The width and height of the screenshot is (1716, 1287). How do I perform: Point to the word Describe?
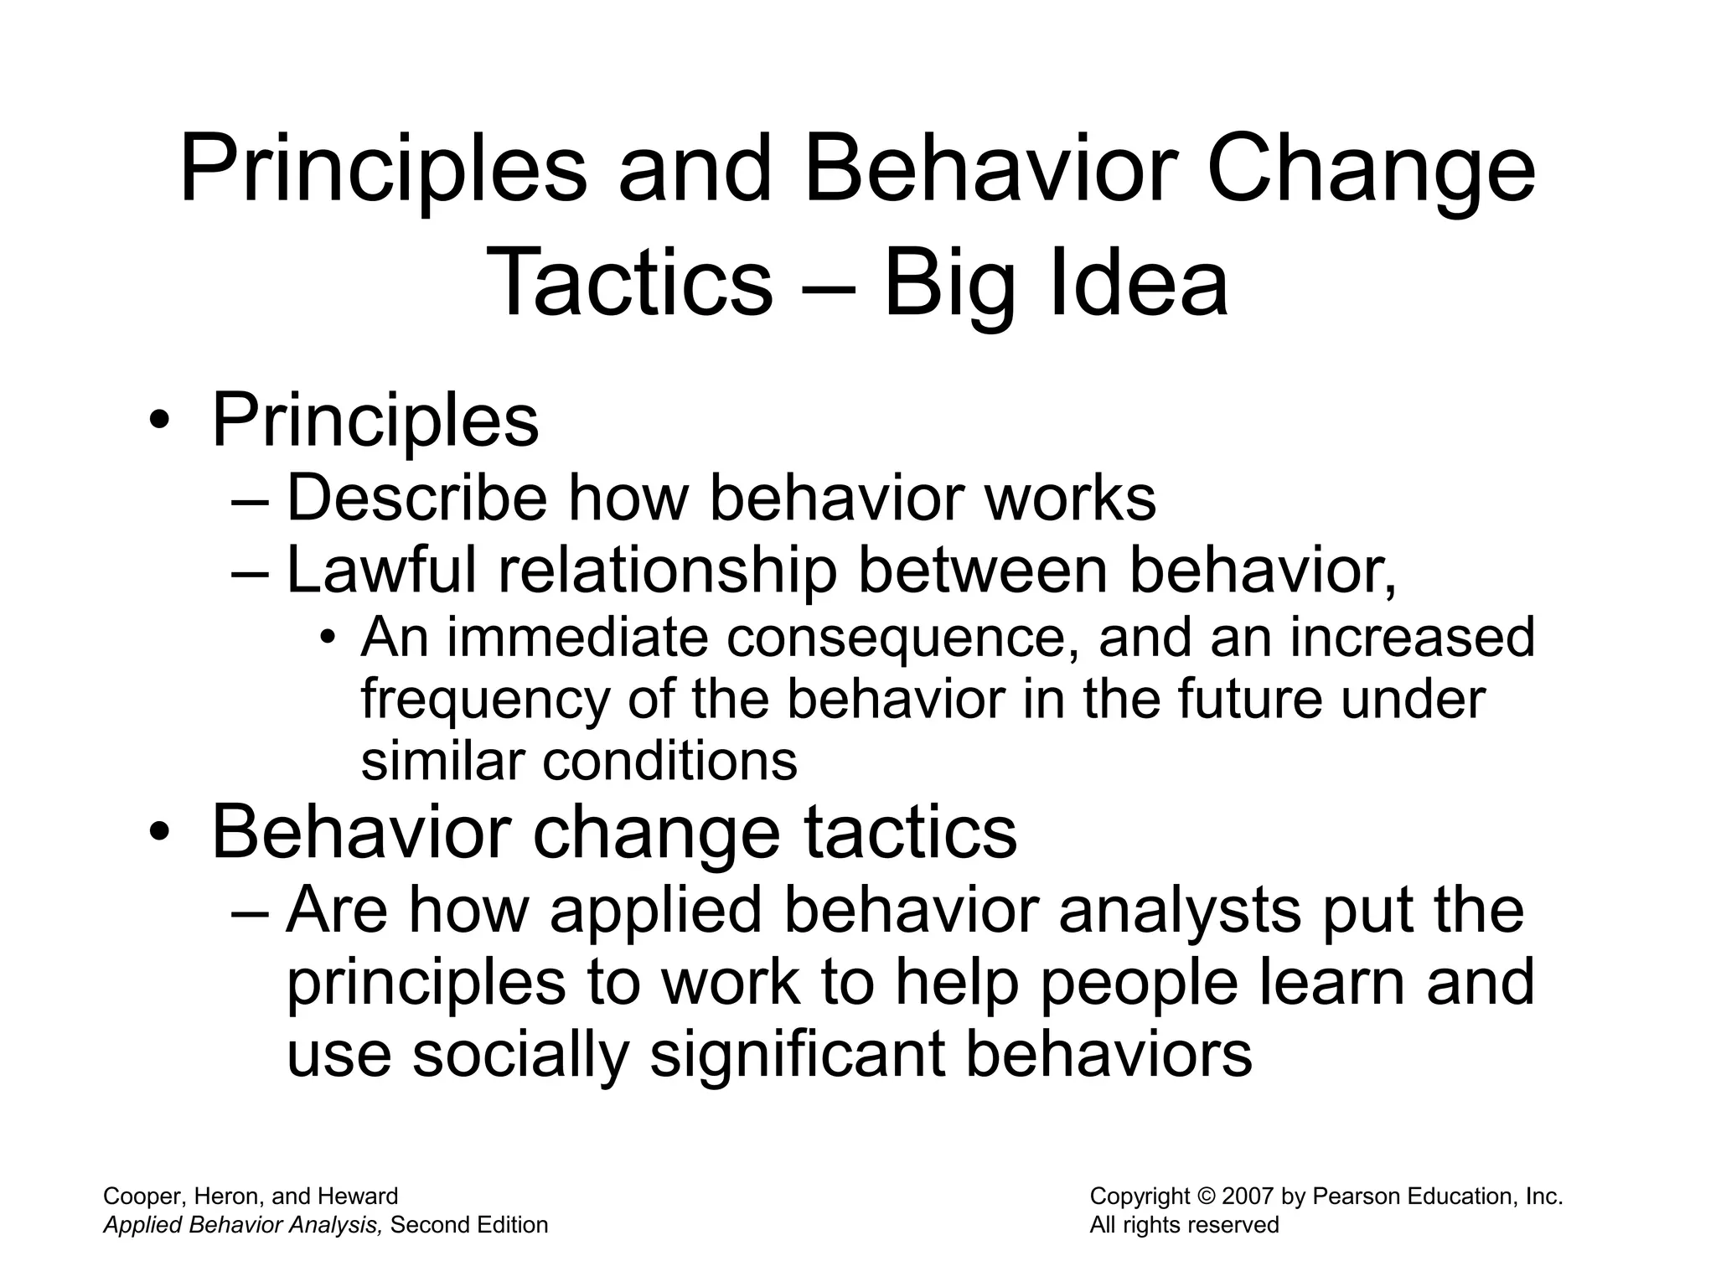tap(416, 498)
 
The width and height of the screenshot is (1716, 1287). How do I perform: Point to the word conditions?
tap(669, 762)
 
